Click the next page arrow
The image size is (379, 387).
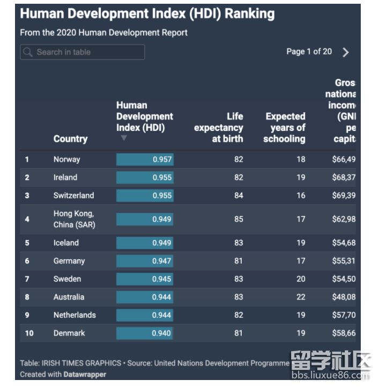(x=346, y=52)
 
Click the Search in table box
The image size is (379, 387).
(x=83, y=52)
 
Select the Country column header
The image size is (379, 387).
(x=70, y=138)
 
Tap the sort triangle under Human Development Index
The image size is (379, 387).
(x=124, y=138)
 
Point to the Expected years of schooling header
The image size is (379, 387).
(x=285, y=127)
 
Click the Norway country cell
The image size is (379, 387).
(x=67, y=159)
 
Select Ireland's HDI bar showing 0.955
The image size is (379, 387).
(x=145, y=178)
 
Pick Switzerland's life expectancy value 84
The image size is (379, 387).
(x=239, y=195)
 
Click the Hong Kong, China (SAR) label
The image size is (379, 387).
(x=74, y=219)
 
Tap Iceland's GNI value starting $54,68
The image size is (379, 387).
(x=343, y=243)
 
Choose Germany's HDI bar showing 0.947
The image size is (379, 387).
(x=145, y=261)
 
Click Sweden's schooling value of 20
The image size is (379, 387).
(x=301, y=279)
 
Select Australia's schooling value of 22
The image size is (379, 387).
(x=301, y=297)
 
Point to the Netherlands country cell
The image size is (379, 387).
(x=75, y=315)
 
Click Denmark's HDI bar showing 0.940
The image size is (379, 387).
(x=145, y=333)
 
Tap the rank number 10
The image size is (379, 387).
(x=29, y=333)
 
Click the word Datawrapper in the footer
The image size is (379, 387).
(x=85, y=374)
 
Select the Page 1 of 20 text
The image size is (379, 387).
(x=309, y=52)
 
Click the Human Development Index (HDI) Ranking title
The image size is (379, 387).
(x=147, y=13)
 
